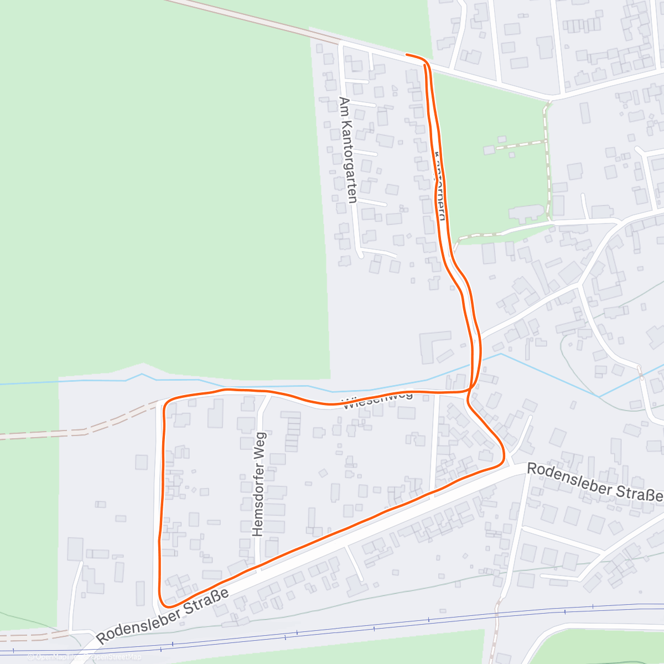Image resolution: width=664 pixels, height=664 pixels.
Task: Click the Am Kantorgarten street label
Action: pyautogui.click(x=347, y=151)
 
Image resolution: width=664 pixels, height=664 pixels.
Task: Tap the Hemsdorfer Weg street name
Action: pyautogui.click(x=259, y=484)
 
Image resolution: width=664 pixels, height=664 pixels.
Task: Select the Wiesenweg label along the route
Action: pyautogui.click(x=378, y=400)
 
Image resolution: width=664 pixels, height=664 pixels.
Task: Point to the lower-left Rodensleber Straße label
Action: pyautogui.click(x=163, y=615)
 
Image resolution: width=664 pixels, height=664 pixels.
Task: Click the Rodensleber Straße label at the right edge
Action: pyautogui.click(x=594, y=482)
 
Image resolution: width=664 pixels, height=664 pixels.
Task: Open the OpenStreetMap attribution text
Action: pyautogui.click(x=116, y=657)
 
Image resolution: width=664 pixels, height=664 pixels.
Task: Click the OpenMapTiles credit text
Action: pyautogui.click(x=55, y=657)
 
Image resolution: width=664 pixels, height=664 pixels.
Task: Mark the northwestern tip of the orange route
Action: pyautogui.click(x=407, y=54)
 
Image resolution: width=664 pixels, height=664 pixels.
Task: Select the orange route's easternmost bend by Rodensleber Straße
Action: pyautogui.click(x=503, y=456)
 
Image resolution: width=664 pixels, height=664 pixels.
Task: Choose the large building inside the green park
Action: pyautogui.click(x=526, y=213)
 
